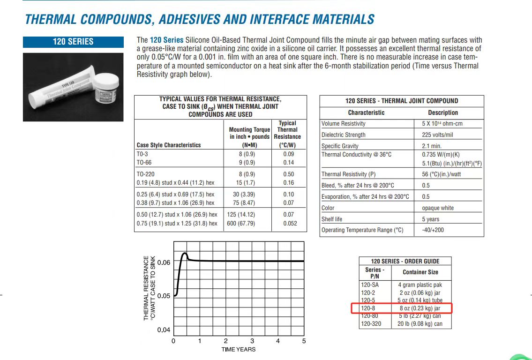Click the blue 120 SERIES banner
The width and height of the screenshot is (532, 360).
click(x=73, y=42)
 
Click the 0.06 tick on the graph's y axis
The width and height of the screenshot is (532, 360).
click(x=164, y=262)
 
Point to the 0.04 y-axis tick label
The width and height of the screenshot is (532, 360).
click(x=164, y=330)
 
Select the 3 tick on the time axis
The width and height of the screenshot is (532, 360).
click(x=252, y=341)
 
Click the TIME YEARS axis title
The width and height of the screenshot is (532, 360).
click(x=239, y=349)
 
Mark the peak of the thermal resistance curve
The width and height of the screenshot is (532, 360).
click(x=185, y=254)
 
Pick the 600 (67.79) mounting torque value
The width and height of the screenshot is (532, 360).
click(x=241, y=224)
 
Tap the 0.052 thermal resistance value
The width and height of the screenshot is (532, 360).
click(x=290, y=224)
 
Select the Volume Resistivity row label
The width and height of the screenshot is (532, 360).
click(x=344, y=124)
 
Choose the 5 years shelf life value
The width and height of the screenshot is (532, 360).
click(x=431, y=219)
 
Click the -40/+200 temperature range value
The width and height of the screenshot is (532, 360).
click(x=433, y=230)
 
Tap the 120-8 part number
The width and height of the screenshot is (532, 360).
click(x=368, y=308)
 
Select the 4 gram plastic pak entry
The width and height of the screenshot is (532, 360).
click(x=420, y=285)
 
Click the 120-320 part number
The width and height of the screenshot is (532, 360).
click(x=370, y=324)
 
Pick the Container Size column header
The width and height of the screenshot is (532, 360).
click(x=420, y=272)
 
